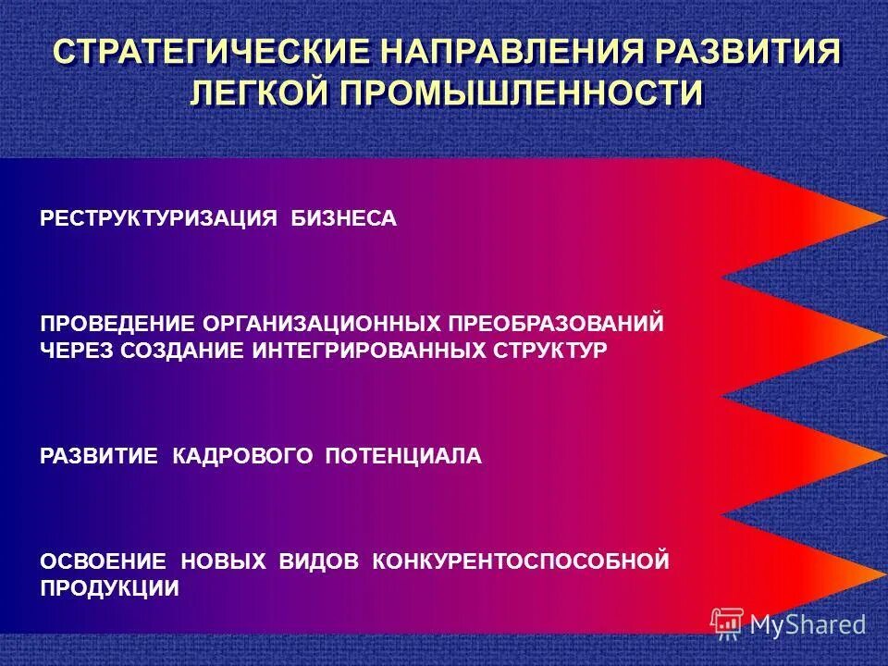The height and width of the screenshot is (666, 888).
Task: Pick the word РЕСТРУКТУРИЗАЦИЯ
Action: (x=159, y=219)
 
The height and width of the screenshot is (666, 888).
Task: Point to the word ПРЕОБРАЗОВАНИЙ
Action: (x=557, y=324)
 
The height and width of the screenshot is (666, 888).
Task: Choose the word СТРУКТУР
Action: (x=553, y=351)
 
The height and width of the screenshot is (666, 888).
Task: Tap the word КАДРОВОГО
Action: (x=244, y=456)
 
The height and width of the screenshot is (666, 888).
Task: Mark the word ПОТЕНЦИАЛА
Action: (x=403, y=456)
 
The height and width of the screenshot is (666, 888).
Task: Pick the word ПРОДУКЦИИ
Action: (x=109, y=587)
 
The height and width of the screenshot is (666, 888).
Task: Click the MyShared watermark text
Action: (x=808, y=624)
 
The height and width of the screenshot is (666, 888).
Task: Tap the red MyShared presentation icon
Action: (x=727, y=623)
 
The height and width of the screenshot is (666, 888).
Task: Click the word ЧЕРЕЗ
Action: (x=75, y=351)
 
